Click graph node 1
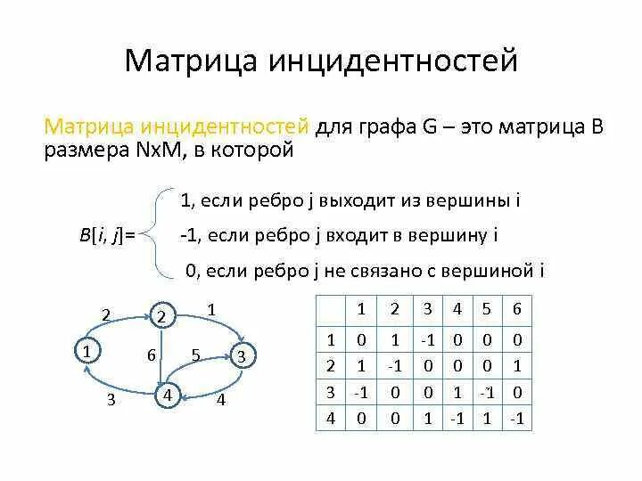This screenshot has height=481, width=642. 86,351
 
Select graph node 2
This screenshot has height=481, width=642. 161,316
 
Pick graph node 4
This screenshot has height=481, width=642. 166,395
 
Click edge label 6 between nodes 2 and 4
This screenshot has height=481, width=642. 152,355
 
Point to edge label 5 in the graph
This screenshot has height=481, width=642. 195,354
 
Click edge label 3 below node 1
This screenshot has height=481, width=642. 111,400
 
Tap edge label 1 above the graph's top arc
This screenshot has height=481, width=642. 210,308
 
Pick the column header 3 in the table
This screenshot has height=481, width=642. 428,309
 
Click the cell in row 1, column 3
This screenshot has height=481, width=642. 428,339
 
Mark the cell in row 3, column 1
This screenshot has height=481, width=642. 361,391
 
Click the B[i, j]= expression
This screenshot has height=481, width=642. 106,234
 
